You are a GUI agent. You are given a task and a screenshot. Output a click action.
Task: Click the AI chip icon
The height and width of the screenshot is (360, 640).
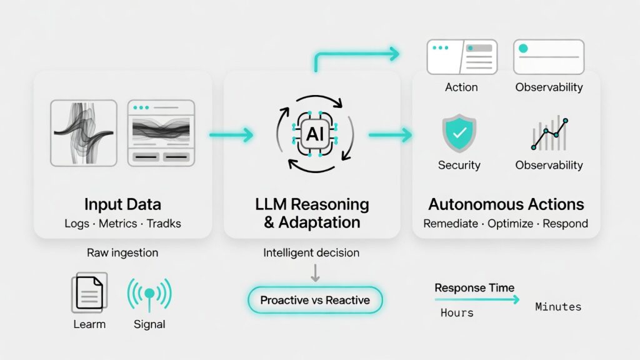click(x=314, y=133)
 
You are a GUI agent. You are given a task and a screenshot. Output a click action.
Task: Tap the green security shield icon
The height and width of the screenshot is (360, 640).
click(x=459, y=132)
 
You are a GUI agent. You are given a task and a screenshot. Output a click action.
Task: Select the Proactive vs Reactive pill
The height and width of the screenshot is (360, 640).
click(x=315, y=300)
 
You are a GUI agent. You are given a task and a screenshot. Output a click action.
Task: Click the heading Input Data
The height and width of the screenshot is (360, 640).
click(x=122, y=204)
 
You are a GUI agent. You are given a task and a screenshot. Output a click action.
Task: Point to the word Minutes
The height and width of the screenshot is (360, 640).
click(x=558, y=307)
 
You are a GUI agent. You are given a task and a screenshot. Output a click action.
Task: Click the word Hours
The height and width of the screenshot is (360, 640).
click(x=457, y=312)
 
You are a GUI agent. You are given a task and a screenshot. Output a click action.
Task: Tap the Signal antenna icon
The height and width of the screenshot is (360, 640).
click(x=149, y=294)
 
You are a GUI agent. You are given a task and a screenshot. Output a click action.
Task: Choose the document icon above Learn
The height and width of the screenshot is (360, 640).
click(x=89, y=292)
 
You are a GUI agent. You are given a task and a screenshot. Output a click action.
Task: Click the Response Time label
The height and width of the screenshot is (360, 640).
click(x=474, y=288)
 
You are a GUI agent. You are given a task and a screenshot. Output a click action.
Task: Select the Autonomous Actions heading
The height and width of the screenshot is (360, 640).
click(x=506, y=204)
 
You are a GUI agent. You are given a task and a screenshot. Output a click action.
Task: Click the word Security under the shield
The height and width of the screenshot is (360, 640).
click(x=459, y=165)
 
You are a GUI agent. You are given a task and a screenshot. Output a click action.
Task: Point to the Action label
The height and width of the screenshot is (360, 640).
click(x=461, y=87)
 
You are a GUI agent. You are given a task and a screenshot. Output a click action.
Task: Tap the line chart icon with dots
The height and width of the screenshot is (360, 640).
click(x=549, y=134)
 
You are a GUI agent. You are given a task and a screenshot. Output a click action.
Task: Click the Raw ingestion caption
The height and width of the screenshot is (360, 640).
click(x=122, y=252)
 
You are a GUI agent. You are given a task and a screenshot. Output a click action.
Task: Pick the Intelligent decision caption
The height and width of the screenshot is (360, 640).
click(x=311, y=252)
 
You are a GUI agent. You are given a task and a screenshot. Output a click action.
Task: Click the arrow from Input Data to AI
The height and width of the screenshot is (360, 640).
click(x=231, y=134)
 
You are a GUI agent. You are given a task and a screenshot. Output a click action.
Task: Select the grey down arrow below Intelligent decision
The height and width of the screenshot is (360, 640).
click(x=315, y=272)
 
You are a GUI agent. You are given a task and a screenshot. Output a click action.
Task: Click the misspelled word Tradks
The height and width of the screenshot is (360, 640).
click(x=164, y=224)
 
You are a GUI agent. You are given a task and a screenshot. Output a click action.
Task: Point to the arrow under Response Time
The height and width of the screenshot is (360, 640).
click(x=476, y=300)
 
